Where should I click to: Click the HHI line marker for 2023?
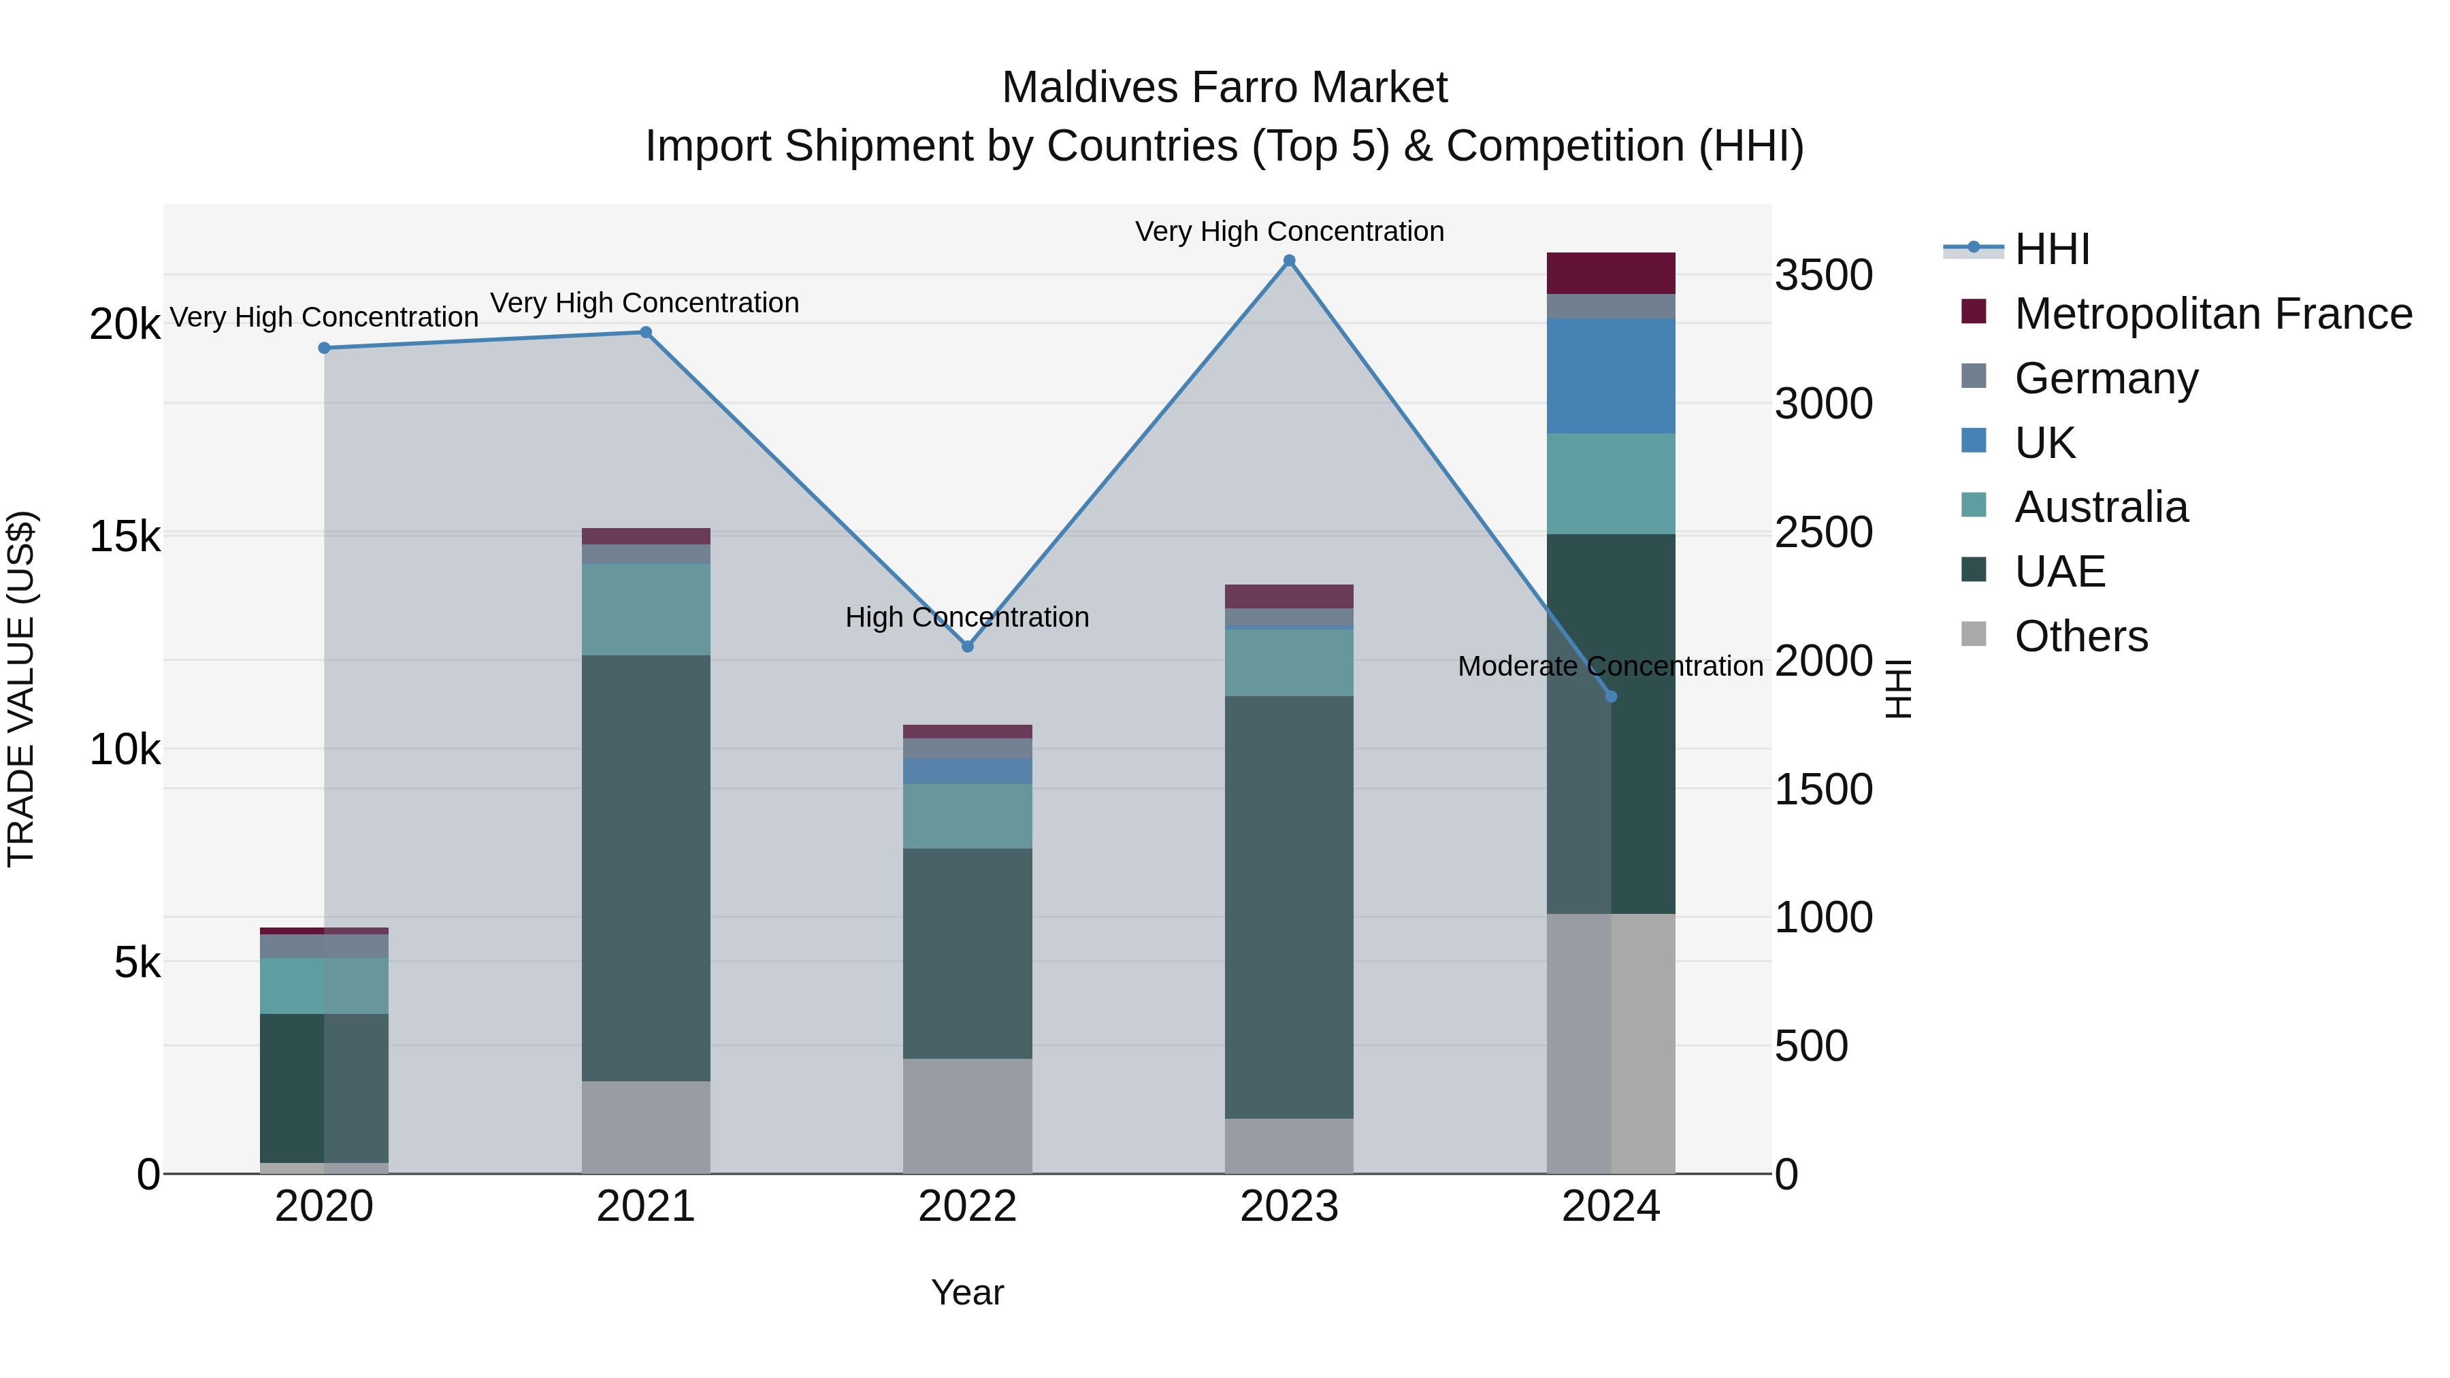1289,261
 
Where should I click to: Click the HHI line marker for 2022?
967,646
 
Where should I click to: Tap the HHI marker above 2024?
1611,697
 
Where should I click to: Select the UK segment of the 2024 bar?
1611,376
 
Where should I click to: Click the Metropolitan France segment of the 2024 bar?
1611,273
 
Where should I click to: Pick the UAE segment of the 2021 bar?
646,868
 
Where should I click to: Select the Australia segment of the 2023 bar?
1289,662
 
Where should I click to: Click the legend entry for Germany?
2106,378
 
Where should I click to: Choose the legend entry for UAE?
2059,572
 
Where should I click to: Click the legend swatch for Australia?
1974,505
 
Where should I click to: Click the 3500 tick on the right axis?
1823,275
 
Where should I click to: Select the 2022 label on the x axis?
967,1207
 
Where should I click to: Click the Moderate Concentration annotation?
1610,667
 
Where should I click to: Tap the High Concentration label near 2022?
967,617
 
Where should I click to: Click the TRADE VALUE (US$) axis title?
21,689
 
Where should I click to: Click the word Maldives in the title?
1090,88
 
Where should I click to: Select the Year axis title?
967,1292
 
